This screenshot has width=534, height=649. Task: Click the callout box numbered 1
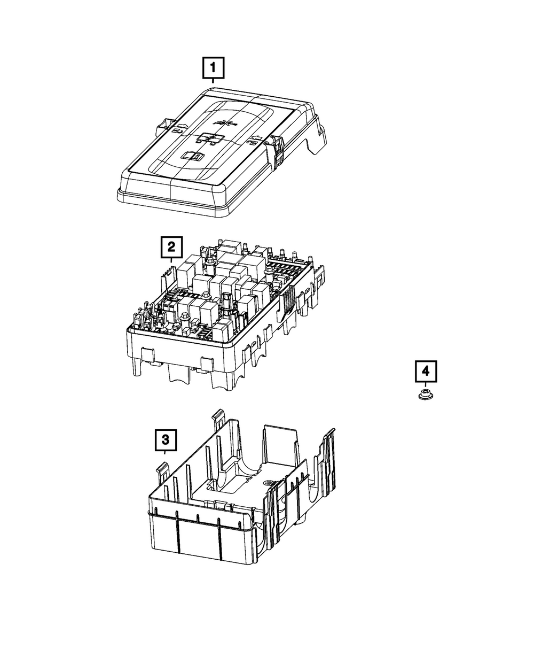pyautogui.click(x=213, y=67)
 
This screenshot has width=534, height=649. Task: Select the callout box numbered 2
pyautogui.click(x=171, y=247)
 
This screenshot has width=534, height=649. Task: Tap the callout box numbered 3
pyautogui.click(x=166, y=440)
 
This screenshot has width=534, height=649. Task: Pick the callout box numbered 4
pyautogui.click(x=426, y=371)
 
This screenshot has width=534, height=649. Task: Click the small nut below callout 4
pyautogui.click(x=426, y=395)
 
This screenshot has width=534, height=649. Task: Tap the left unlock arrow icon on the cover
pyautogui.click(x=179, y=128)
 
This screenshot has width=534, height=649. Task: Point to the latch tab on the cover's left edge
pyautogui.click(x=163, y=125)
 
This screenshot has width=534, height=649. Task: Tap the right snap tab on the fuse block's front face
pyautogui.click(x=208, y=365)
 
